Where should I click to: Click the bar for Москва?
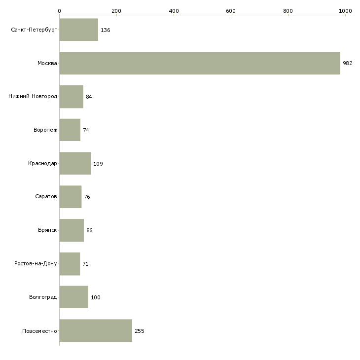[200, 63]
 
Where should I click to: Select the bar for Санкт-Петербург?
[79, 30]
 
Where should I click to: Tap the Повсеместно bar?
[96, 330]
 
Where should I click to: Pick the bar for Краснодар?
[75, 163]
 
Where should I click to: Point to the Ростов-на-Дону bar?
[70, 264]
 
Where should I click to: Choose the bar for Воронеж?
[70, 130]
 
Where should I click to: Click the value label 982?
[348, 63]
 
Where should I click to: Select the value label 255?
[140, 331]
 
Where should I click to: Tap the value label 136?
[106, 30]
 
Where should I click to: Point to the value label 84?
[89, 97]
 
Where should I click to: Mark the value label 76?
[87, 197]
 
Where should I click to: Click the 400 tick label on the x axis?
[174, 11]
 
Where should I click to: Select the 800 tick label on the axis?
[288, 11]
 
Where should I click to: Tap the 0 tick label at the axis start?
[60, 11]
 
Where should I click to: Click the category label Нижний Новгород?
[33, 96]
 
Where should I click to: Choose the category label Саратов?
[46, 197]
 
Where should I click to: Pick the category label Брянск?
[47, 230]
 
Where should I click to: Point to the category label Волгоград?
[43, 297]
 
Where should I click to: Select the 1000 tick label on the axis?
[345, 11]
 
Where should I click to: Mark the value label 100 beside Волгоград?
[96, 297]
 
